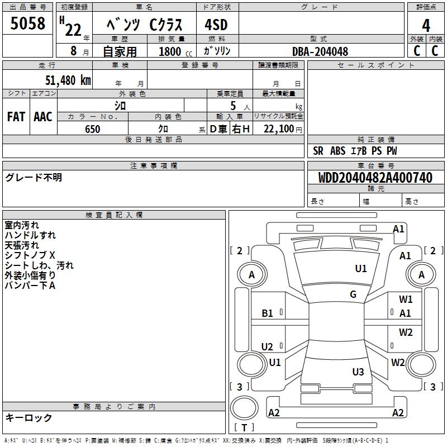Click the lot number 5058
[28, 23]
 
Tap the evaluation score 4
[426, 26]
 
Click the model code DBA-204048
[320, 51]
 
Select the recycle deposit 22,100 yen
[278, 129]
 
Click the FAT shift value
[16, 117]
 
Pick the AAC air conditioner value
[43, 117]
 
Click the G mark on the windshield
[353, 294]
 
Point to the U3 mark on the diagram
[358, 372]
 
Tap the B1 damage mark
[268, 313]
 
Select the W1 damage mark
[406, 299]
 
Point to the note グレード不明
[34, 178]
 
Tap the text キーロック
[29, 417]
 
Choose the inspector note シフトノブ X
[30, 255]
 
